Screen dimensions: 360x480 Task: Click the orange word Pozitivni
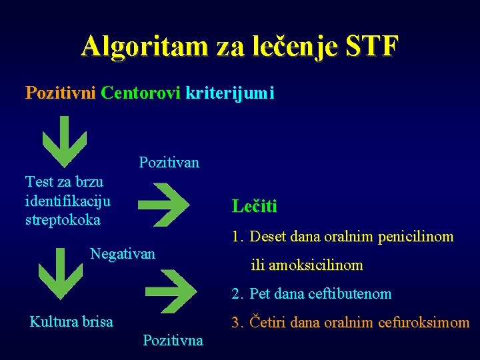tap(61, 93)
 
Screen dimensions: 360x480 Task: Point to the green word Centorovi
tap(141, 93)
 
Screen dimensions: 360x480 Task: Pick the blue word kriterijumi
tap(230, 93)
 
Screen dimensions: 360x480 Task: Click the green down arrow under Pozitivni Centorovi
tap(64, 141)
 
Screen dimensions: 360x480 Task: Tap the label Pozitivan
tap(169, 162)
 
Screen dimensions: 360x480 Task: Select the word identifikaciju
tap(67, 200)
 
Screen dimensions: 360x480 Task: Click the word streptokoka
tap(63, 219)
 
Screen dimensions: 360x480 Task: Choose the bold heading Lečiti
tap(255, 206)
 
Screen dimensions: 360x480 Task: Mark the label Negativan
tap(123, 253)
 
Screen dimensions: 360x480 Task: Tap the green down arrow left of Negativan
tap(61, 273)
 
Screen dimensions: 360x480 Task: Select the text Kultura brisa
tap(71, 321)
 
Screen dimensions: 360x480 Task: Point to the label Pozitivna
tap(173, 341)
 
